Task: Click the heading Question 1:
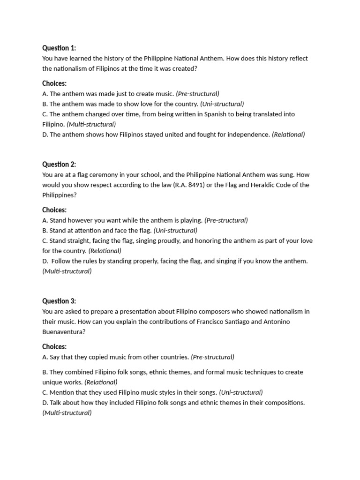(x=59, y=48)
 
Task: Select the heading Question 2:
(x=59, y=164)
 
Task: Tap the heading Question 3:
(x=59, y=301)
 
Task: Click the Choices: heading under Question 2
(x=54, y=210)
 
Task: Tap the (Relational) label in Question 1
(x=288, y=135)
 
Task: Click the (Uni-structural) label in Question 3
(x=241, y=392)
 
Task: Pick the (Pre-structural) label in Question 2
(x=226, y=220)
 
